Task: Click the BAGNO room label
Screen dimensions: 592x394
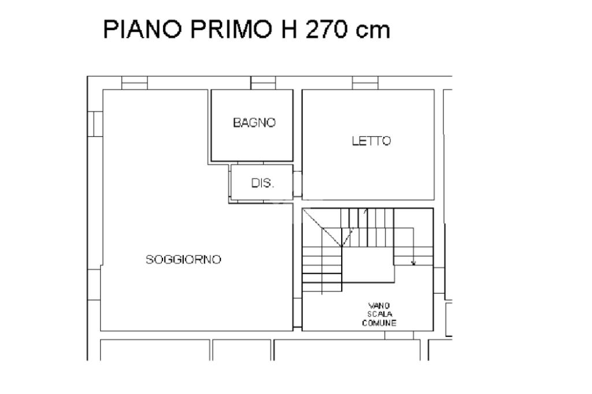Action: (x=254, y=122)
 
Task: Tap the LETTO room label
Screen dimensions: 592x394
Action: (x=371, y=141)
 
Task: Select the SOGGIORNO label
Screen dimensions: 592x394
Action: (x=183, y=259)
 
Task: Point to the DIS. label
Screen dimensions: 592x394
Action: (x=262, y=183)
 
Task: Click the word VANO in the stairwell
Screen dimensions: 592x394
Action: (x=379, y=305)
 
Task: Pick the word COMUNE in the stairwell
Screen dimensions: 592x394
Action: (x=379, y=323)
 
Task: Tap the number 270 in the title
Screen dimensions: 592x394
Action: (x=326, y=29)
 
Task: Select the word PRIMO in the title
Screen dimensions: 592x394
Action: (x=231, y=29)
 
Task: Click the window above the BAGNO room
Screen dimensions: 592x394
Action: (x=263, y=83)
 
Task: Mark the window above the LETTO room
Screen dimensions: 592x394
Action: (x=365, y=83)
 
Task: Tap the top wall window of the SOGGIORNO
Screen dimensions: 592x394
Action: (x=134, y=83)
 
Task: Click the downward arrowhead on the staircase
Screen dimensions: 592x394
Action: (x=413, y=263)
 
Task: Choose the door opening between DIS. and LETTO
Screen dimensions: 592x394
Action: (x=298, y=184)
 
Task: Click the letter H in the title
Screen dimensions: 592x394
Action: (x=288, y=29)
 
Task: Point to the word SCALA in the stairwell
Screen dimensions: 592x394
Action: (x=379, y=314)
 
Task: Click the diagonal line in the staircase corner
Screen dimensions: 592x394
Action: (x=323, y=228)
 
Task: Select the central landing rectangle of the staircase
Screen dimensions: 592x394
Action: (x=368, y=265)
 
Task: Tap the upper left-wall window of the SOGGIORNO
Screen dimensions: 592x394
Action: (x=95, y=124)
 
